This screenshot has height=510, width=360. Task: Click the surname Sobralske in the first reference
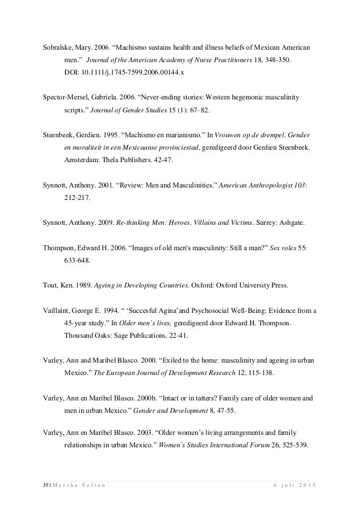pyautogui.click(x=59, y=46)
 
